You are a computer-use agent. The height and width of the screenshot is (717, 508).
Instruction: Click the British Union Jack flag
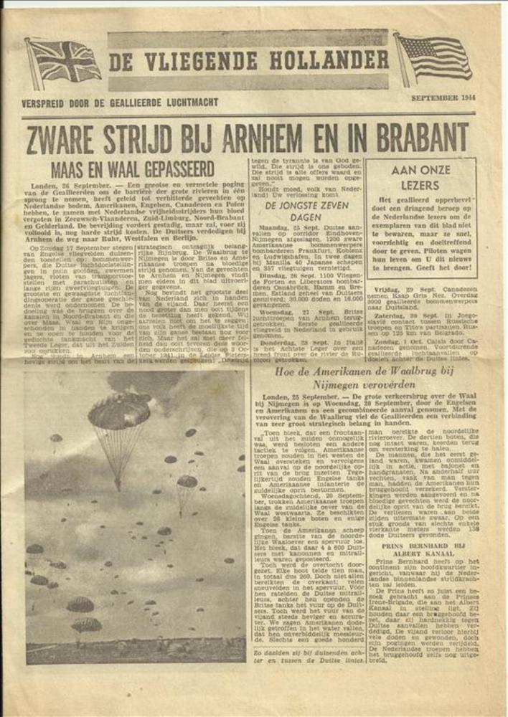click(x=65, y=61)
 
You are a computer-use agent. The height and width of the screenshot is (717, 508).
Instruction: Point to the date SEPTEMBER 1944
click(x=439, y=98)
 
